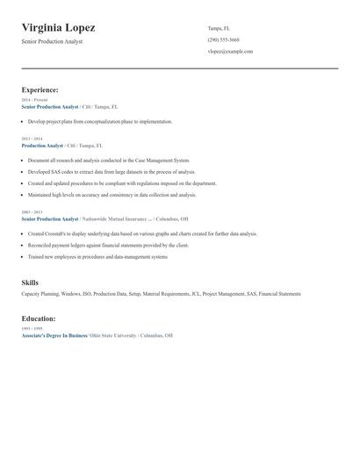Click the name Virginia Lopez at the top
[58, 28]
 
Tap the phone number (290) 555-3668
[223, 39]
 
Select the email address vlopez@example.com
[230, 52]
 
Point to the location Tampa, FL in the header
[219, 28]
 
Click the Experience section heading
[40, 89]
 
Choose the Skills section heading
[30, 283]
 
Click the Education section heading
[39, 318]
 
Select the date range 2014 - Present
[34, 100]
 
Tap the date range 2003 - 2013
[32, 212]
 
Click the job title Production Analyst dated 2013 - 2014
[42, 146]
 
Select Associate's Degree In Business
[54, 335]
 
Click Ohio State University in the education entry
[113, 335]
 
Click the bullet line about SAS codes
[112, 172]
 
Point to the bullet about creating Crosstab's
[142, 234]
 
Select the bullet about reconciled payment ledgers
[108, 246]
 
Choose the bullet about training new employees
[97, 257]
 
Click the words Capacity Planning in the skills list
[40, 294]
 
